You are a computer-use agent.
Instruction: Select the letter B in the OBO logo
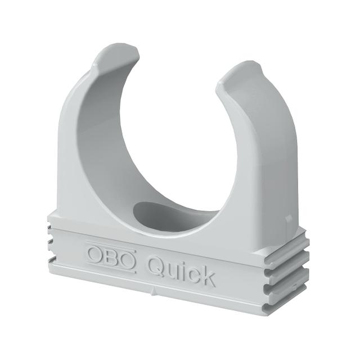tap(111, 255)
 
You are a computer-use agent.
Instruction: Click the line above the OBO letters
tap(111, 244)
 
